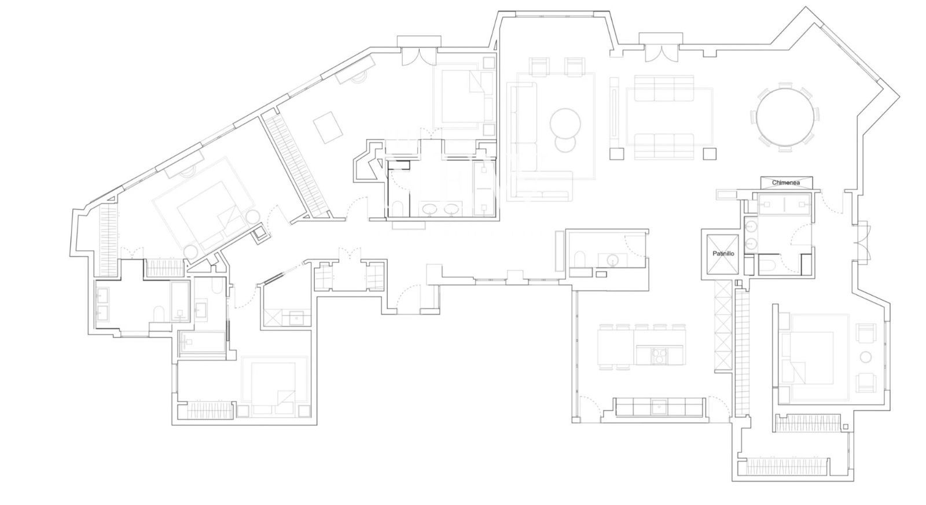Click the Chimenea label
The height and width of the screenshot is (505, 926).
point(786,182)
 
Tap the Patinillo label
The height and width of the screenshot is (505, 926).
point(723,253)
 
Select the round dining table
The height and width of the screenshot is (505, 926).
point(786,117)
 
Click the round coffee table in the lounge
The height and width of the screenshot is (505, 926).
point(565,124)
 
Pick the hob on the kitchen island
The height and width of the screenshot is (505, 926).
point(659,356)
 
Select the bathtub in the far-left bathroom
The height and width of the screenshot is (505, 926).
point(180,301)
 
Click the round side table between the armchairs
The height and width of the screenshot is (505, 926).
point(865,357)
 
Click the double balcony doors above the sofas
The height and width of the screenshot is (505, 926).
point(662,52)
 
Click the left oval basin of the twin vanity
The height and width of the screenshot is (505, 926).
point(431,209)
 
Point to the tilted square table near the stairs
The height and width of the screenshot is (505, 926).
point(328,127)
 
